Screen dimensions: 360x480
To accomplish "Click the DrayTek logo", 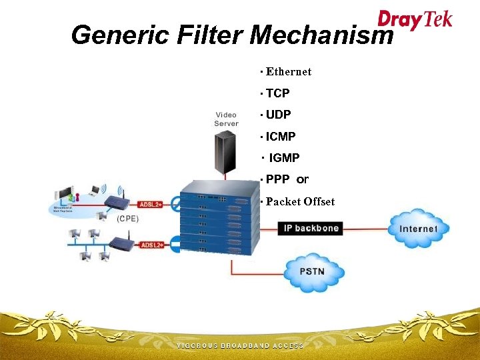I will [415, 19].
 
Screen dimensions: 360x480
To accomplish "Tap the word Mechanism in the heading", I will [321, 35].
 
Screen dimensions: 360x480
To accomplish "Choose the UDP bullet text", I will [278, 115].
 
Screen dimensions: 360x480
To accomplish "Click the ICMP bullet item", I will [281, 137].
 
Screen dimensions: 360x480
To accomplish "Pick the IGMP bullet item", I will [284, 158].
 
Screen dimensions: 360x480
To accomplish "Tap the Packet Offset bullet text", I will [300, 201].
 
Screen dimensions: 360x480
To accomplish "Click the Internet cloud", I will [418, 229].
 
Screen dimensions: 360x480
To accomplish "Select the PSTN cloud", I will [313, 271].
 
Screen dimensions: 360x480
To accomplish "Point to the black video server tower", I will [225, 155].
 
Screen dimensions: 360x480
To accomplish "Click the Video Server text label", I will [226, 119].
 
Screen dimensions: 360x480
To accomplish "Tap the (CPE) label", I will [127, 218].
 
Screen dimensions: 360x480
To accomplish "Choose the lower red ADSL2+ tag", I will [151, 245].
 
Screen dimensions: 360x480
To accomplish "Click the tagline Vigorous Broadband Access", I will [240, 346].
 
